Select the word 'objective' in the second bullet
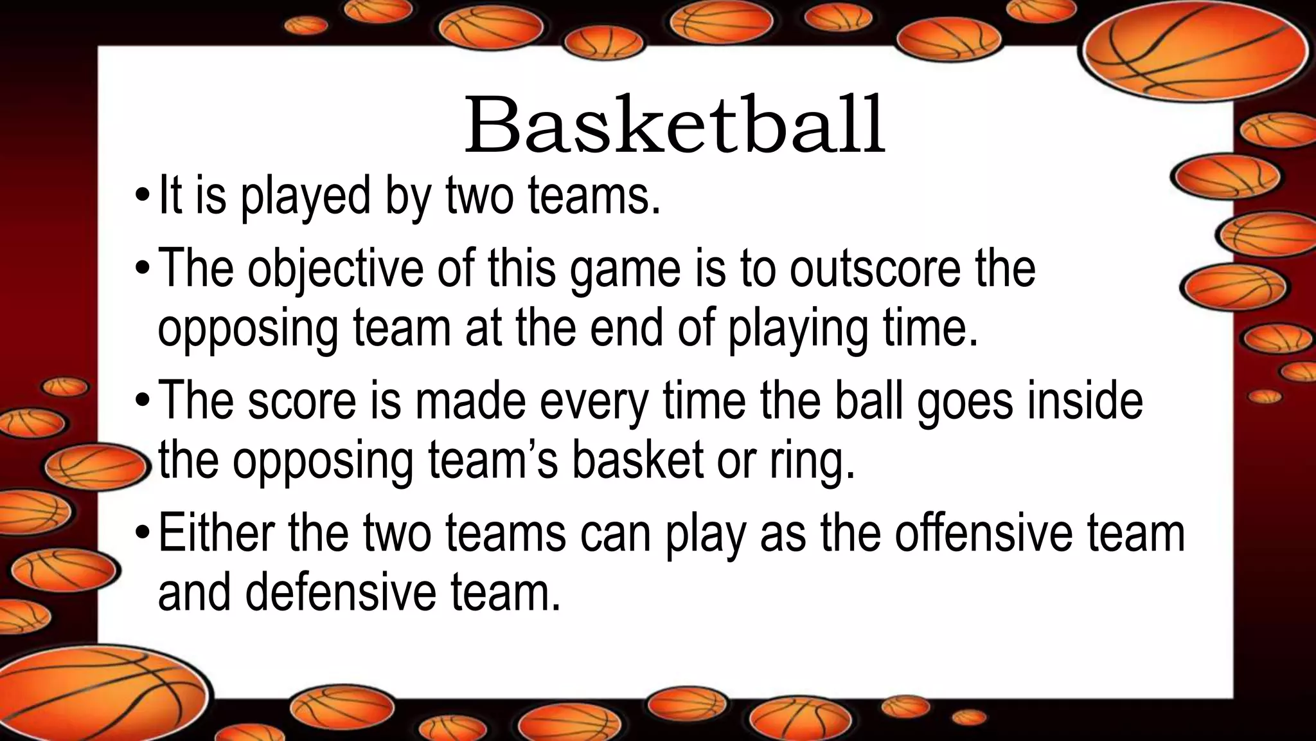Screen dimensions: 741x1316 [335, 269]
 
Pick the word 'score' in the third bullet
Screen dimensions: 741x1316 [301, 400]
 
